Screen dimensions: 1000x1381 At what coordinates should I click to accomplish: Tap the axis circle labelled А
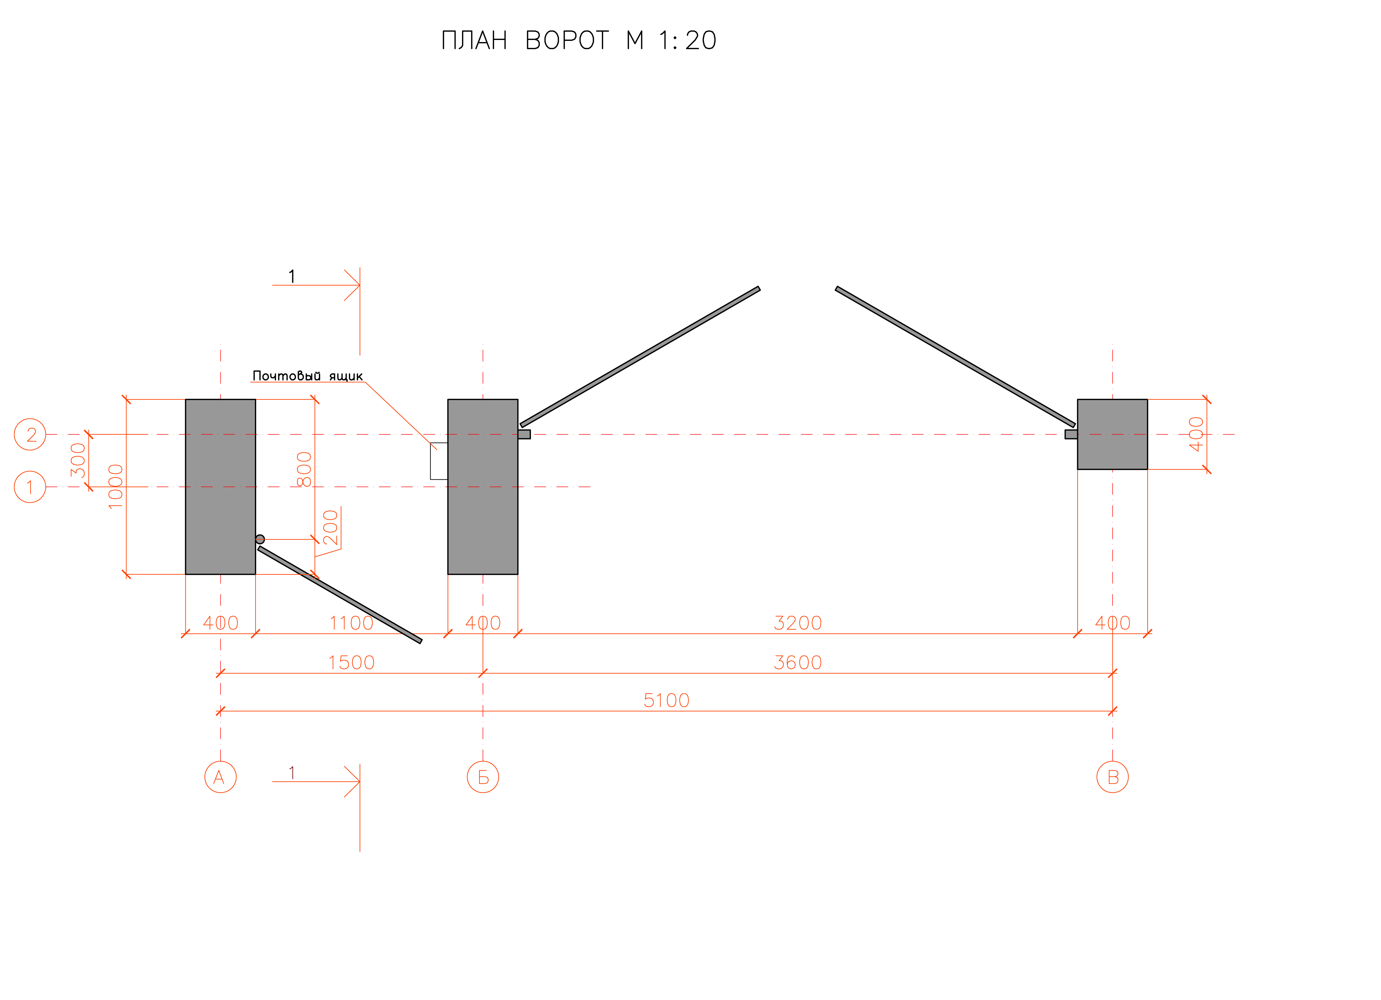220,777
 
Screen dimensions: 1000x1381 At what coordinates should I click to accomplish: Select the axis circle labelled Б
483,777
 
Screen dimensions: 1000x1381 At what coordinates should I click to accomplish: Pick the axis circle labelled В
1112,777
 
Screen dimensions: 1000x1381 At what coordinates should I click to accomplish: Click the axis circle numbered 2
30,435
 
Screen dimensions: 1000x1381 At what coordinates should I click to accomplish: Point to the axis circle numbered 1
30,487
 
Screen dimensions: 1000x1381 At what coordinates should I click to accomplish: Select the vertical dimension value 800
304,469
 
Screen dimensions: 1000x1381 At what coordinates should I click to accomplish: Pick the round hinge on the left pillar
260,539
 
